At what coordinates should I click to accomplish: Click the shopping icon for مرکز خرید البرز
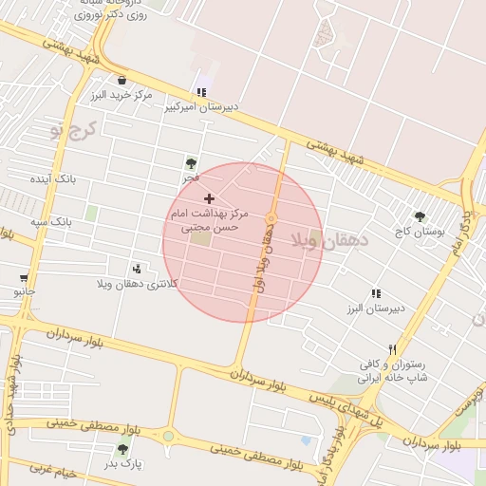[x=121, y=80]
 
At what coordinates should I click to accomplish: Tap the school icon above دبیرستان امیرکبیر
[x=200, y=92]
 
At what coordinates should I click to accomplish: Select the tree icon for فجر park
[x=192, y=163]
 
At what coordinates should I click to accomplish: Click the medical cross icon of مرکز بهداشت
[x=209, y=198]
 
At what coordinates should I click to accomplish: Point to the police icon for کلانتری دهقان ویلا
[x=139, y=269]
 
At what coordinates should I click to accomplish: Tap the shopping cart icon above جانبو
[x=24, y=277]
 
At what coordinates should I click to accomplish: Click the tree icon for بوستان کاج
[x=420, y=217]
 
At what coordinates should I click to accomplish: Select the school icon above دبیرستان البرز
[x=376, y=294]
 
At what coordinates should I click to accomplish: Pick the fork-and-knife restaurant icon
[x=393, y=349]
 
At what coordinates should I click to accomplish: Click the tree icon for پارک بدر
[x=122, y=449]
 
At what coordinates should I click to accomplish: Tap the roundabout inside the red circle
[x=271, y=218]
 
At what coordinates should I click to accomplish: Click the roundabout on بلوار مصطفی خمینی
[x=168, y=436]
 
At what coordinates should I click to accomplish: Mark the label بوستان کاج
[x=419, y=232]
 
